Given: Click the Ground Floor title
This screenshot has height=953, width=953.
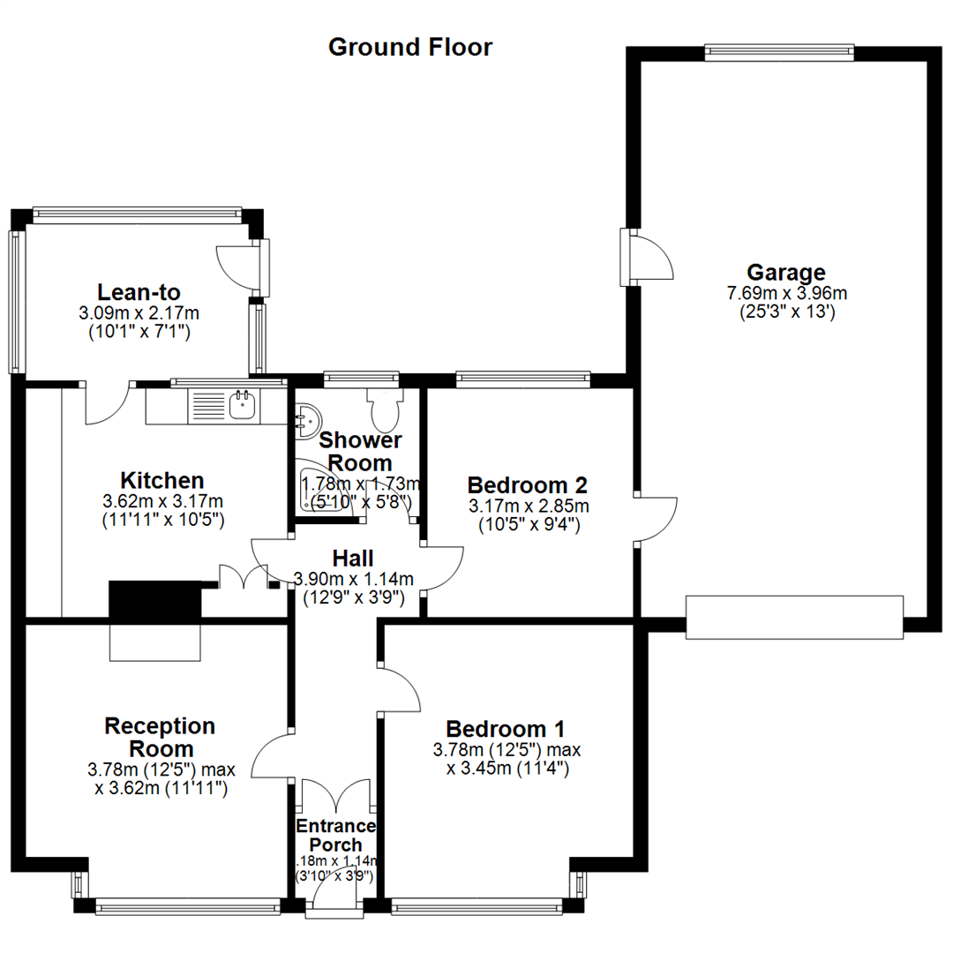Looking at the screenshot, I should pos(410,47).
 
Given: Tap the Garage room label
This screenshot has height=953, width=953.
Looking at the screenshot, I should pos(785,272).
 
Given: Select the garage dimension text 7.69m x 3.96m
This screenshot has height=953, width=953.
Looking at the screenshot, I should pos(785,294).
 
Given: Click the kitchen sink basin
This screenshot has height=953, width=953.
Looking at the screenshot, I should pos(243,406).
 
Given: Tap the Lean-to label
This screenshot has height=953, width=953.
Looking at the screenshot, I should pos(139,292).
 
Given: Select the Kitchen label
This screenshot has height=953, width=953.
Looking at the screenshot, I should pos(162,481).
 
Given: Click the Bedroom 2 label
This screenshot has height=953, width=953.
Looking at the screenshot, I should pos(528,484).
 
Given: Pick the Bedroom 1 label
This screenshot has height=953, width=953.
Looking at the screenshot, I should pos(506,729).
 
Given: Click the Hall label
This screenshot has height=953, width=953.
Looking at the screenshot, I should pos(353,558).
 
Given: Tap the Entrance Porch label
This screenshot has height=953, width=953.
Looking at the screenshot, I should pos(335,836).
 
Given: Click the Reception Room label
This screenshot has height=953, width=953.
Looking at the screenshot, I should pos(160,737).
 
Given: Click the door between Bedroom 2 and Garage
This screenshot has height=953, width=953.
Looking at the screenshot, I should pos(655,519).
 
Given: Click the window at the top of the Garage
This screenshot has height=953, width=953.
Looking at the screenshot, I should pos(780,53).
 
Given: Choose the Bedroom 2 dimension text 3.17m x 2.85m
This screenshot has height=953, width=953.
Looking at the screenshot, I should pos(528,507).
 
